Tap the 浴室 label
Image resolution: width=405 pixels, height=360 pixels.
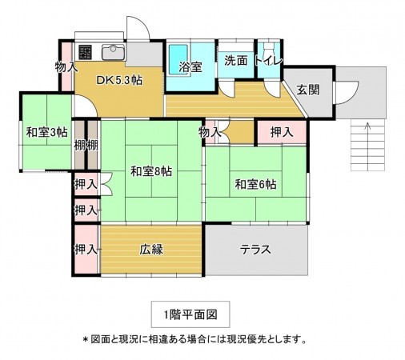point(190,67)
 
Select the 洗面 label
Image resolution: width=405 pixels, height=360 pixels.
point(235,60)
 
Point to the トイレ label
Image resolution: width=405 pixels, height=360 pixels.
point(267,60)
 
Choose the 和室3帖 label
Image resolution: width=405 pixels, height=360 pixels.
point(45,134)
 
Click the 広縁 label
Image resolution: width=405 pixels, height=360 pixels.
point(150,249)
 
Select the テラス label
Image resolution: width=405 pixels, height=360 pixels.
point(256,249)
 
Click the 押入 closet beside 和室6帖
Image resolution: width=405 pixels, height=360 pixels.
point(280,131)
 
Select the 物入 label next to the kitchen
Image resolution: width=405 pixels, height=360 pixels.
point(66,67)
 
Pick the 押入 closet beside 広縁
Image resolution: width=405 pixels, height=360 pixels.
point(86,249)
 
